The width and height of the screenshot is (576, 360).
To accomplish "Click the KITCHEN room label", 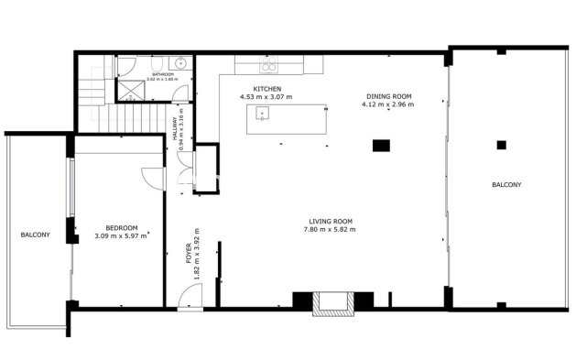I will [254, 88].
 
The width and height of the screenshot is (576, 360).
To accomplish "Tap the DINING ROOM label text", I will [388, 95].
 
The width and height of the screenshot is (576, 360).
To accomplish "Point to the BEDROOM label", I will [121, 228].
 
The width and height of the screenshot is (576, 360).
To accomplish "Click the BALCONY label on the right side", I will [506, 185].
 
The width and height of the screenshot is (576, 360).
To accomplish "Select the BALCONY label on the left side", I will [35, 235].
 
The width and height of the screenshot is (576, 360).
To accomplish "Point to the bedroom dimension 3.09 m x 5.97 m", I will [121, 236].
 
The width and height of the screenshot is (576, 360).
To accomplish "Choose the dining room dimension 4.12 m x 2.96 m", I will [388, 104].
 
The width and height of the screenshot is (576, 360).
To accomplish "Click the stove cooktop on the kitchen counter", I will [269, 66].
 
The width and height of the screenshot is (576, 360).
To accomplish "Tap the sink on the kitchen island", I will [264, 115].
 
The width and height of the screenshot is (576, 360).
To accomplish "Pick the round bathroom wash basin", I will [181, 64].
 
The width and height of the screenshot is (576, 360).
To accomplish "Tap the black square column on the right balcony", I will [501, 144].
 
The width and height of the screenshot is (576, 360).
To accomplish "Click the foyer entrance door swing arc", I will [190, 297].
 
